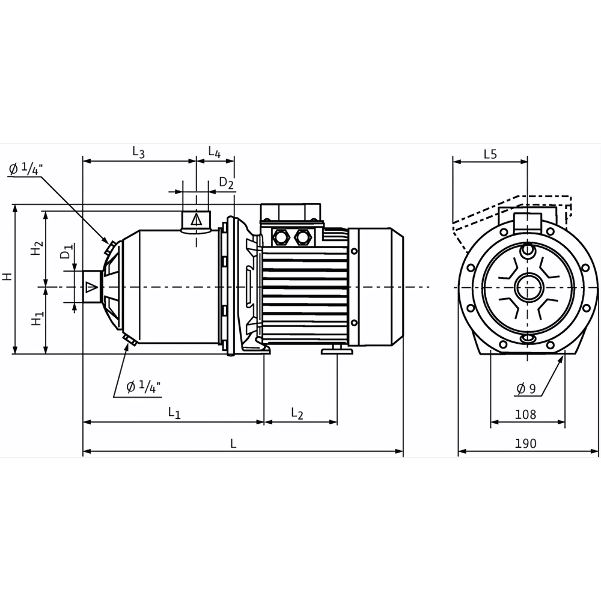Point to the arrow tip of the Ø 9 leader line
(x=564, y=356)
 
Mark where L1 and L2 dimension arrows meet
(x=264, y=422)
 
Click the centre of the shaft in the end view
(x=528, y=287)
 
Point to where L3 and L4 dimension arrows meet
(x=197, y=161)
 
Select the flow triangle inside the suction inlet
(x=91, y=287)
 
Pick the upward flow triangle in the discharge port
(x=197, y=219)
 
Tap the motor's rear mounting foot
(x=337, y=350)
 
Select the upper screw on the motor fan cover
(x=354, y=251)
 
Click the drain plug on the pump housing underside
(x=130, y=339)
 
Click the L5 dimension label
(x=490, y=154)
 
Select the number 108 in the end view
(x=525, y=414)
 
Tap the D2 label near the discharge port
(x=226, y=183)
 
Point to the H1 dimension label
(x=37, y=319)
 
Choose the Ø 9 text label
(x=526, y=389)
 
